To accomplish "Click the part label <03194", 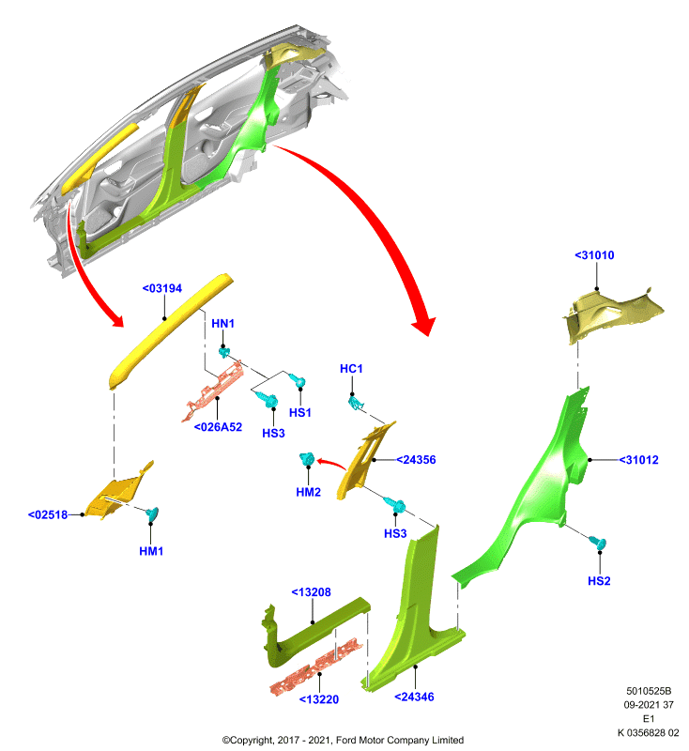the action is point(162,288).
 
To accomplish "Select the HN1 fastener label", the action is point(222,324).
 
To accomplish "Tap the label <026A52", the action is point(218,427).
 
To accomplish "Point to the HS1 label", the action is point(300,413).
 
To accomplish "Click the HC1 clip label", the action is point(351,369).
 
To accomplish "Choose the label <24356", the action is point(416,460).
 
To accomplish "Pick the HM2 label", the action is point(308,492).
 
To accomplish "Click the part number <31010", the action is point(594,255).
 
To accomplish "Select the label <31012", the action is point(638,460).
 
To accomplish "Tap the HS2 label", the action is point(599,581).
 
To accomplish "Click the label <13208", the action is point(312,592).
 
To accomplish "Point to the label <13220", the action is point(319,699).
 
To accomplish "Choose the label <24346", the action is point(414,697).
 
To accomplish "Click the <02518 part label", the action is point(48,514).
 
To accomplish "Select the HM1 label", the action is point(151,551).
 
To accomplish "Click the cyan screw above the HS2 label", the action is point(598,543).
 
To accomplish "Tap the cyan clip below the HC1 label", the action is point(355,403).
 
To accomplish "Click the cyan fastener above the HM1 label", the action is point(153,514).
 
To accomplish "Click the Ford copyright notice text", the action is point(343,740).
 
